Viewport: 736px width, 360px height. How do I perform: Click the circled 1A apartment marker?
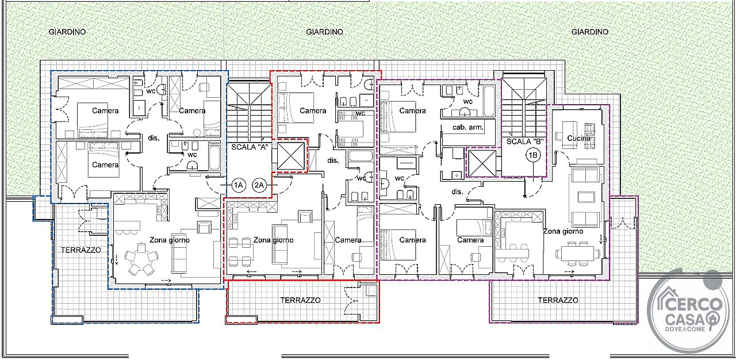click(x=238, y=185)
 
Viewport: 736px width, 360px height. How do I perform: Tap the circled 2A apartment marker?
click(x=259, y=185)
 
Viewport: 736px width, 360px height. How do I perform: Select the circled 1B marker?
click(x=533, y=155)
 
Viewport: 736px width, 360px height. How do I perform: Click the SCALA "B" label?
click(x=524, y=141)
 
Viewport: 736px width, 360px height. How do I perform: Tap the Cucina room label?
click(x=578, y=138)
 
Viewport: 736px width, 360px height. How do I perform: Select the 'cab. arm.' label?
click(x=468, y=127)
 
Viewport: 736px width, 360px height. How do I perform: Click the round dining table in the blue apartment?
click(x=141, y=259)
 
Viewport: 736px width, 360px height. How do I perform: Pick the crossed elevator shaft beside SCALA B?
click(x=482, y=163)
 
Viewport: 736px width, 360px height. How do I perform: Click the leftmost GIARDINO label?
click(x=67, y=32)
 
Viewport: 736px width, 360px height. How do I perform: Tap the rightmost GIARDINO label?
click(x=590, y=32)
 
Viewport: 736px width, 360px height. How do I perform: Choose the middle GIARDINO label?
click(x=325, y=32)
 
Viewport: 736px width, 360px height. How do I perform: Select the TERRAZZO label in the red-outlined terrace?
click(x=300, y=300)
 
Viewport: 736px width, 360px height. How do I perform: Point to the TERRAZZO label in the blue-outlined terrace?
click(x=81, y=250)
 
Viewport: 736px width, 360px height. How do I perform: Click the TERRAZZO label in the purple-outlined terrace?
click(x=558, y=300)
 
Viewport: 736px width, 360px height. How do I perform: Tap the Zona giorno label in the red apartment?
click(x=273, y=240)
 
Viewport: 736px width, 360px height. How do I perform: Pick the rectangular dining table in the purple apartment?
click(x=577, y=254)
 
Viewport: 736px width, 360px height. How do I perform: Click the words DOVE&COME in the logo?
click(x=685, y=329)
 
